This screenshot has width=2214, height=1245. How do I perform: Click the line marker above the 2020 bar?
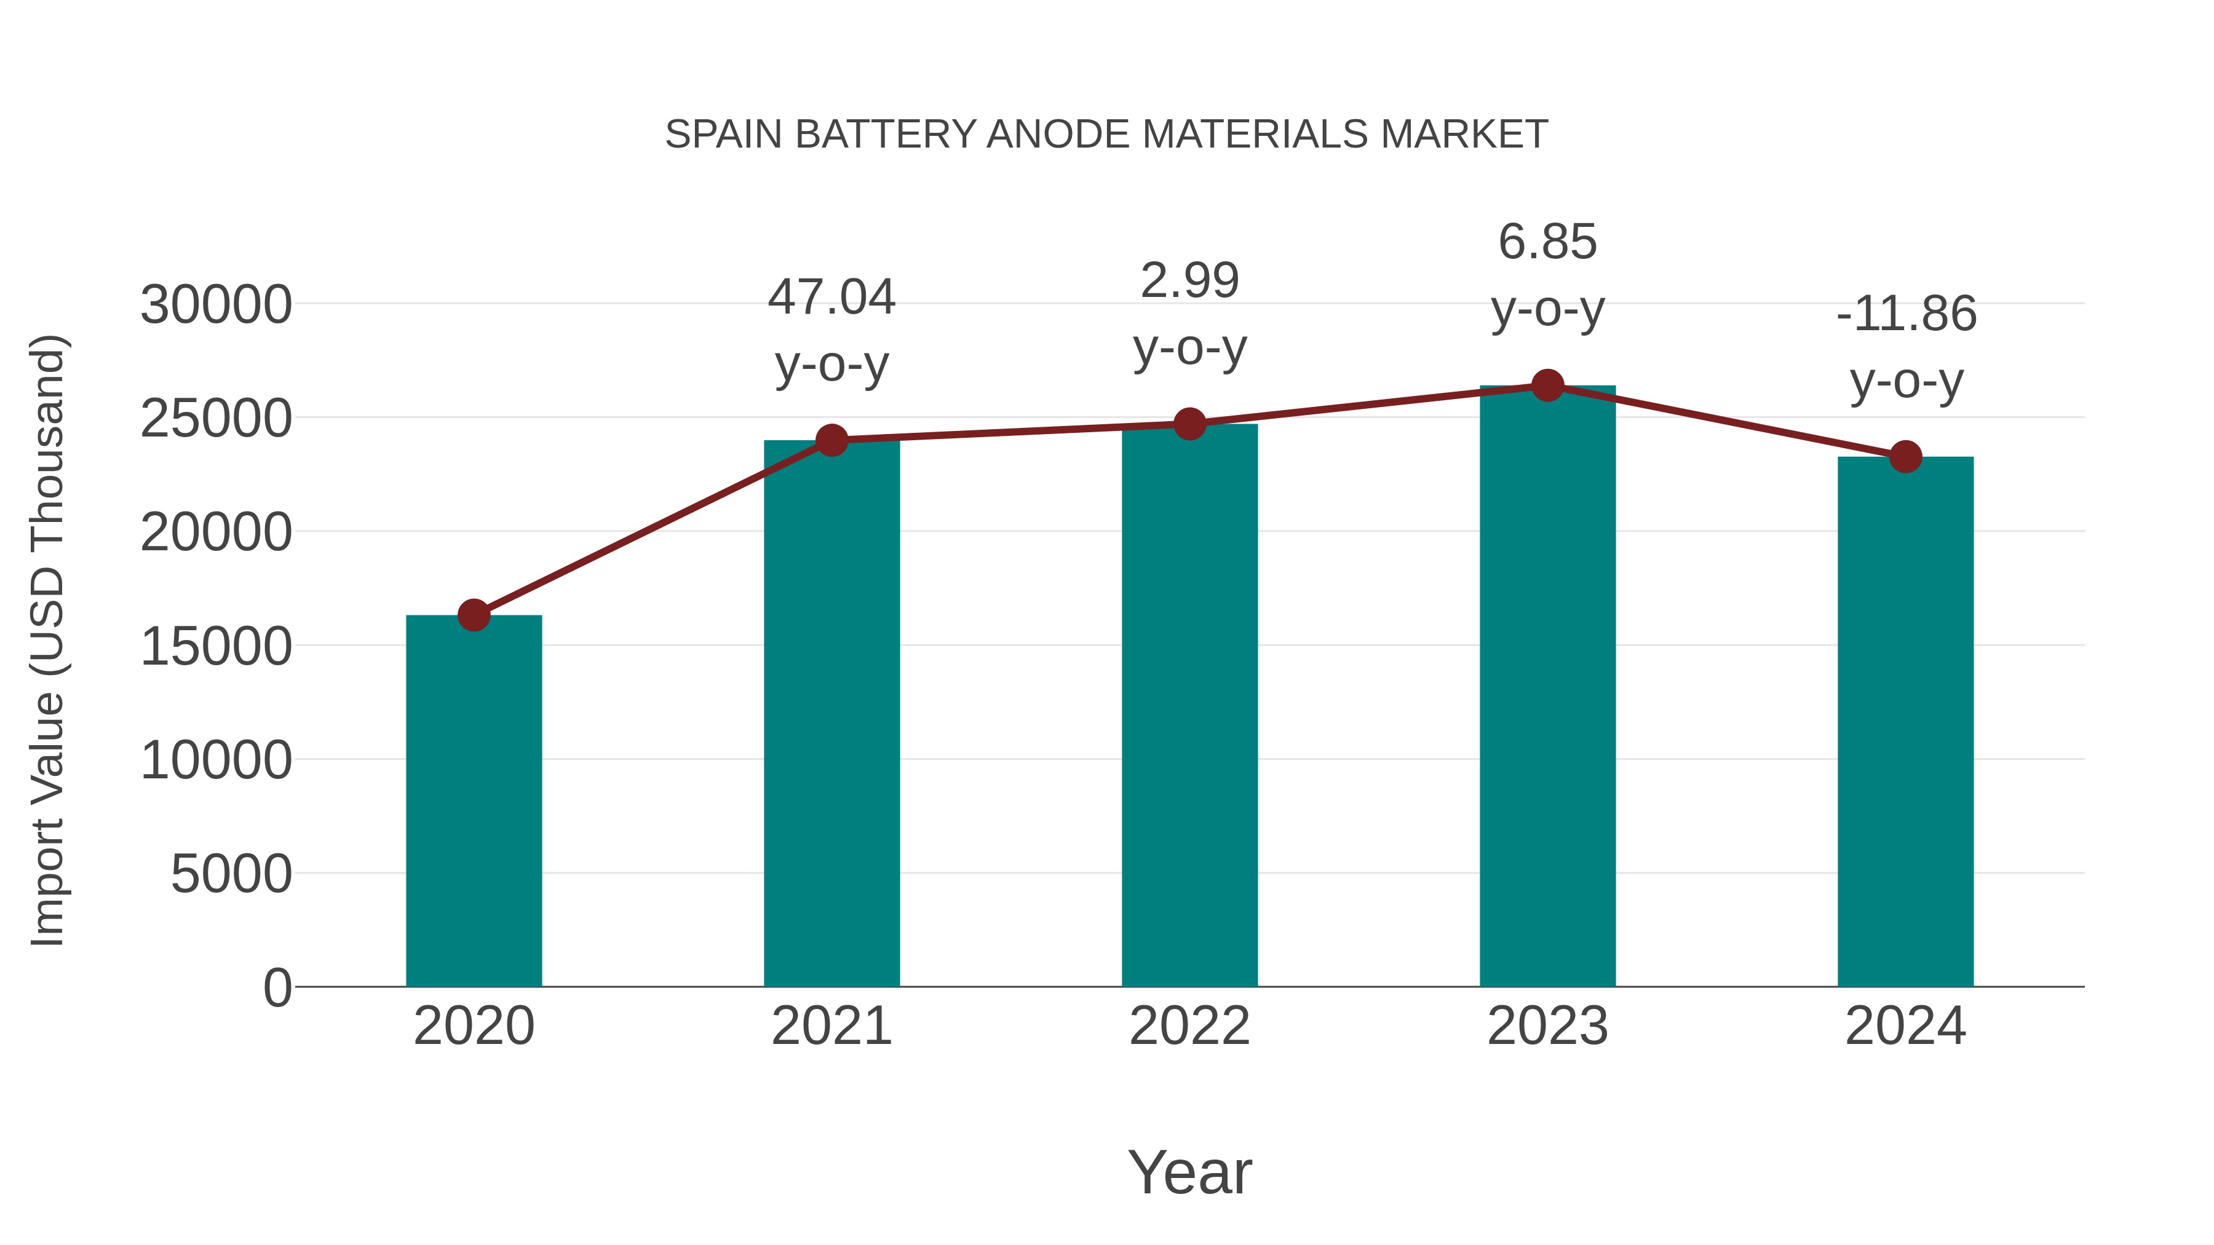[474, 615]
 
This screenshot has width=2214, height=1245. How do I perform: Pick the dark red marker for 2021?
[832, 441]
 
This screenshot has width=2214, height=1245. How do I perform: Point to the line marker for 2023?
[1547, 385]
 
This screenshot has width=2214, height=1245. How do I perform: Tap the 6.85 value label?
[1547, 242]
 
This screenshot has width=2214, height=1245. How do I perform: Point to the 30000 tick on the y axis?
[216, 305]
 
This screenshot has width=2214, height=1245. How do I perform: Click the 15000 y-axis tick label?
[216, 646]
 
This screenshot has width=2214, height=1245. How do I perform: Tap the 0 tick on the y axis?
[277, 988]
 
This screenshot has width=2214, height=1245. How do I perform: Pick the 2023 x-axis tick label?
[1547, 1026]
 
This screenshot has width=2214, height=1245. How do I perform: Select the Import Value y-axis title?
[48, 640]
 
